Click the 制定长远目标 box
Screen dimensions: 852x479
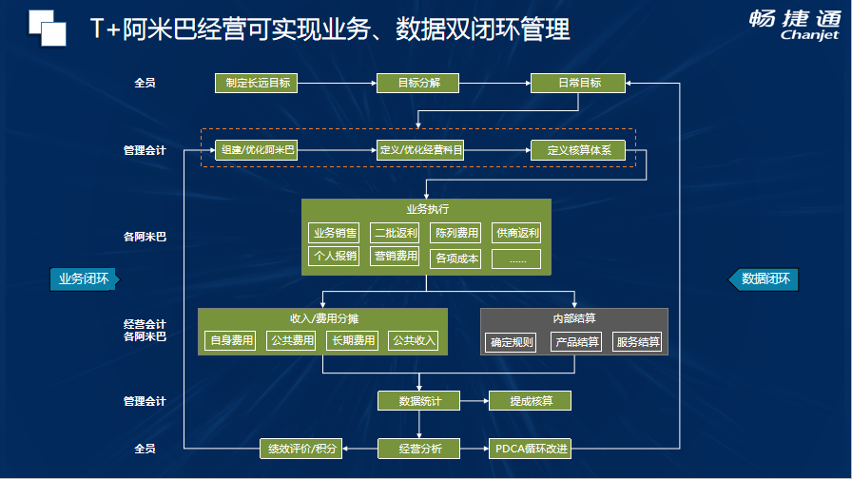pos(256,83)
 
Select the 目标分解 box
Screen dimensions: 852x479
pos(417,83)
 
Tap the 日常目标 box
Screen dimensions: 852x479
pos(578,83)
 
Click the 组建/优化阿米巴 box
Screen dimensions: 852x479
pos(257,150)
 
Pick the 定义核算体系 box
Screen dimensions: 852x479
pos(578,150)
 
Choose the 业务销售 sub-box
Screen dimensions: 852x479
pos(334,233)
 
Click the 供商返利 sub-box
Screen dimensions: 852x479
pos(516,233)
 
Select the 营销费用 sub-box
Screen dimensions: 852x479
pos(395,256)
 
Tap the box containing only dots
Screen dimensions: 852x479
pos(516,259)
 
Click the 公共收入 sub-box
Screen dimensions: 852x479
pos(413,340)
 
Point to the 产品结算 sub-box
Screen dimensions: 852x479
pos(576,342)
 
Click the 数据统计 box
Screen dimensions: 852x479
pos(419,401)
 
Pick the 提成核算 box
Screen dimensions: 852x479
pos(530,401)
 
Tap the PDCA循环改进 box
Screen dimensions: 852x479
pos(530,449)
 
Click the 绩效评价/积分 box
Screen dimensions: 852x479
pos(301,449)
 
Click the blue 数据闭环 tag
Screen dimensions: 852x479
pos(763,279)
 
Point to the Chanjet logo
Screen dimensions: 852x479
pos(795,25)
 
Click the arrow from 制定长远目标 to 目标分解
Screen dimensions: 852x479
pos(337,83)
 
